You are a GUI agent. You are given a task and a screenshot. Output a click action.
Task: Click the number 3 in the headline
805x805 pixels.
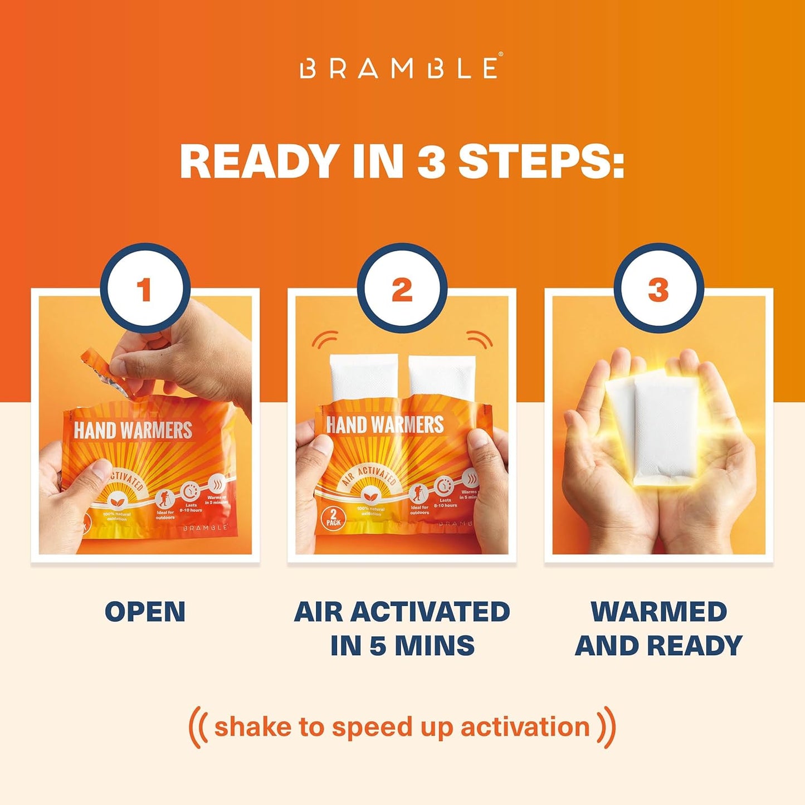(x=431, y=162)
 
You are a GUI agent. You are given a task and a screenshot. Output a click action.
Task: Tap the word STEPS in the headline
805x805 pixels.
(x=540, y=162)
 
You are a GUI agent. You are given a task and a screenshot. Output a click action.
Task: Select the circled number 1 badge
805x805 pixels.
(x=145, y=289)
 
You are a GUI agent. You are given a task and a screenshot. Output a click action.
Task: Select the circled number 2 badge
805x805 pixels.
(x=402, y=289)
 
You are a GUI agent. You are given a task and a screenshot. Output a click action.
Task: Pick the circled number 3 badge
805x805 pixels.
(x=658, y=289)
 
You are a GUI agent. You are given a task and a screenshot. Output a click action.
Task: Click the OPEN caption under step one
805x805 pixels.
(x=145, y=612)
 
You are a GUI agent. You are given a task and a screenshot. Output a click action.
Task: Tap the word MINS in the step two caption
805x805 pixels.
(x=435, y=646)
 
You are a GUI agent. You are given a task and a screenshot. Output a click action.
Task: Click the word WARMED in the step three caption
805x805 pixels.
(x=658, y=612)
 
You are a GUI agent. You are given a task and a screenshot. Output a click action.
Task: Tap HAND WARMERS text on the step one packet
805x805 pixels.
(x=133, y=430)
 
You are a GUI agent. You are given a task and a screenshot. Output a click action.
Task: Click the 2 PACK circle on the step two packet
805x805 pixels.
(x=333, y=519)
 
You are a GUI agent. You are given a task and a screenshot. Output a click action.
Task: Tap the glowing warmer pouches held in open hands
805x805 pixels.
(x=657, y=429)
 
